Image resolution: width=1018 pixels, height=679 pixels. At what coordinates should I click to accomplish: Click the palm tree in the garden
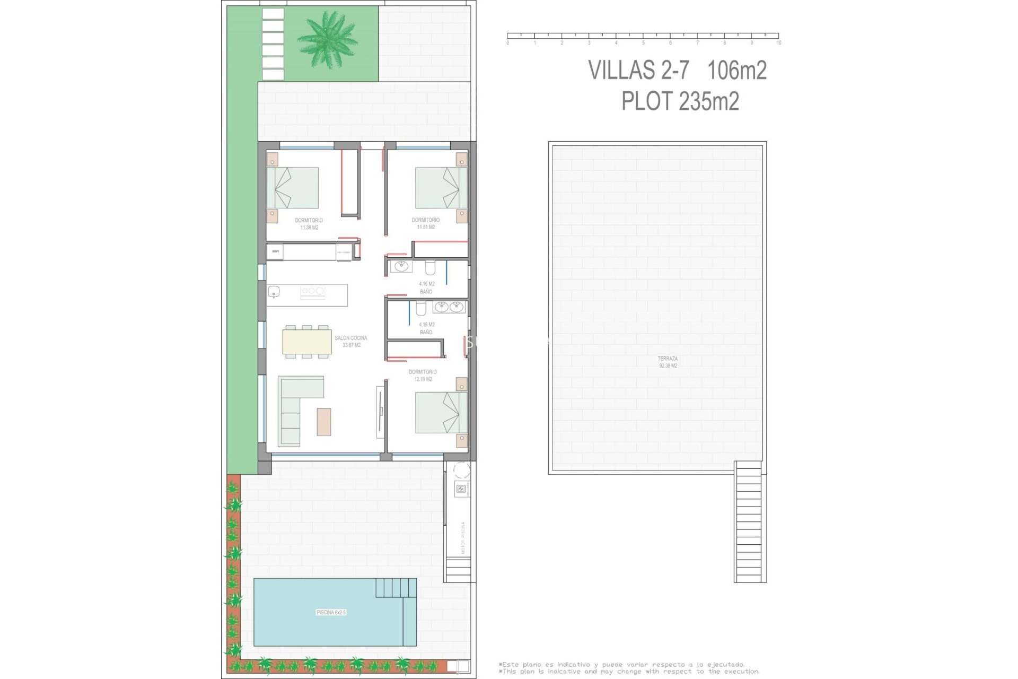click(327, 39)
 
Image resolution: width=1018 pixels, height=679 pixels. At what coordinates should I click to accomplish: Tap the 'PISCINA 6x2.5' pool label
click(331, 612)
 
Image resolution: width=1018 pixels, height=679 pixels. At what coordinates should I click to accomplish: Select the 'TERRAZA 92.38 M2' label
click(668, 362)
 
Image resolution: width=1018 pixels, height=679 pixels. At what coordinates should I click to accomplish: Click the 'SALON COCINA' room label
click(350, 338)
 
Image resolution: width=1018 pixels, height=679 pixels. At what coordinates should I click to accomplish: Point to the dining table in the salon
click(307, 342)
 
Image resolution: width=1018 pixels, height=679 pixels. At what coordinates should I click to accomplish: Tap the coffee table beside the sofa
click(324, 422)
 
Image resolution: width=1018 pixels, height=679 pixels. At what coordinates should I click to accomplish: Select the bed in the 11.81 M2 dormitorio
click(441, 188)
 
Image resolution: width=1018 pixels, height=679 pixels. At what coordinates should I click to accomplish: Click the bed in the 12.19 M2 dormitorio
click(441, 412)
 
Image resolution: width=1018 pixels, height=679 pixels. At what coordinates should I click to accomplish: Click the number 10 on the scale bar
click(778, 43)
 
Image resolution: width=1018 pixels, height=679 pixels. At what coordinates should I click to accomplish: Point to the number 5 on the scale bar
click(643, 43)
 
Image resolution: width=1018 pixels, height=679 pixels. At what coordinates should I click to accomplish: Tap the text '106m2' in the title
click(736, 70)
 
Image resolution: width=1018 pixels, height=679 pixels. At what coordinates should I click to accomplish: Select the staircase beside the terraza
click(749, 523)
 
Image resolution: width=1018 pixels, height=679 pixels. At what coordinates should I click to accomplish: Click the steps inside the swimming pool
click(396, 588)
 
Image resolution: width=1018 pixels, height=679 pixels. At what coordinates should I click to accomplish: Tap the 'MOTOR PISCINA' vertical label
click(463, 537)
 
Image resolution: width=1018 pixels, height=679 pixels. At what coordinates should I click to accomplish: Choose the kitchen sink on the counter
click(274, 291)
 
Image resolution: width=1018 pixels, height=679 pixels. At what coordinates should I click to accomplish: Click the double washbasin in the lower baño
click(449, 307)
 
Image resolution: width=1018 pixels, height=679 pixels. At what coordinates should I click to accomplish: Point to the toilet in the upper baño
click(430, 266)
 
